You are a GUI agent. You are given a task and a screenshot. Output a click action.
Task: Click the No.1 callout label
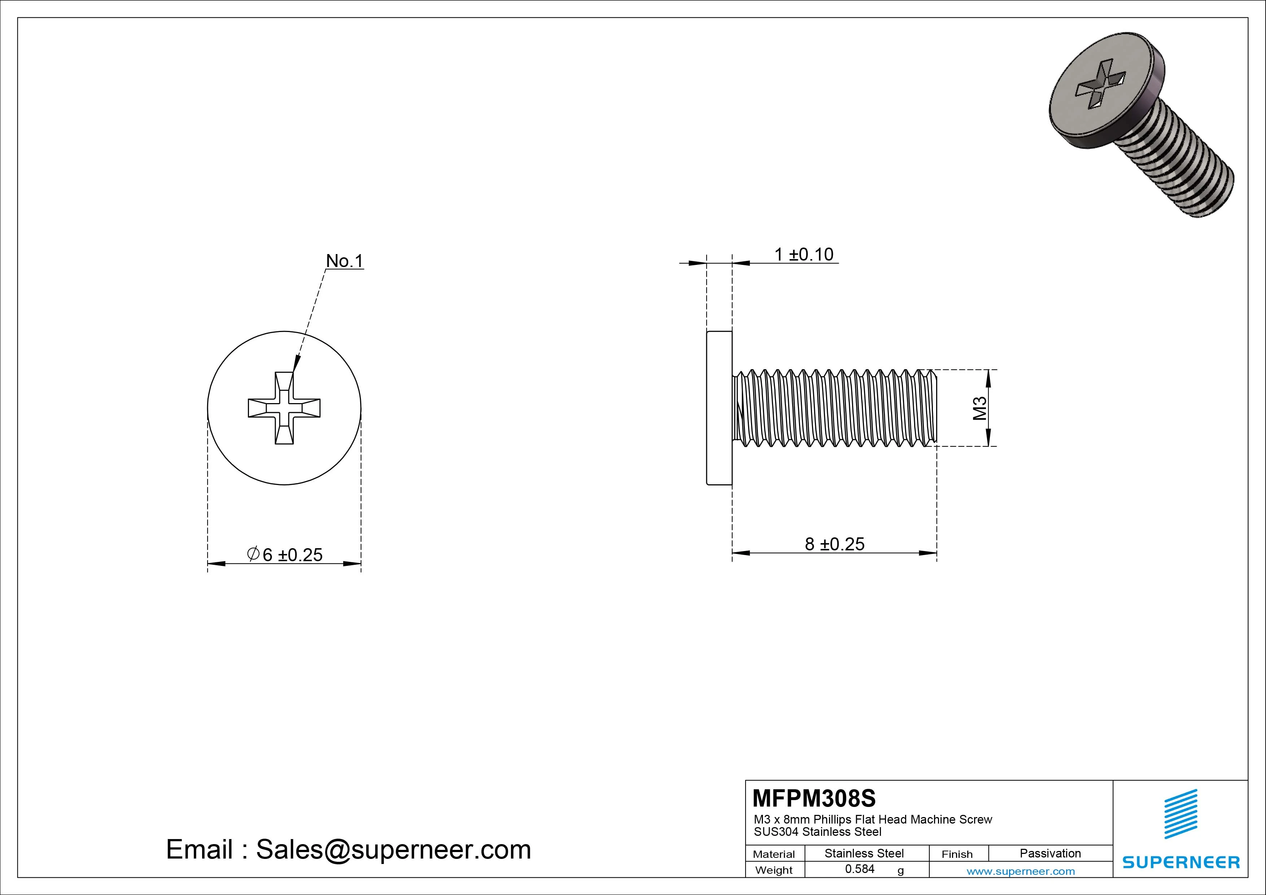[x=345, y=261]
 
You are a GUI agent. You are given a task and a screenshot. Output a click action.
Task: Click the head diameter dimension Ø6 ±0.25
[x=285, y=555]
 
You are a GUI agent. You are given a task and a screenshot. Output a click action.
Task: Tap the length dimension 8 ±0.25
[x=834, y=544]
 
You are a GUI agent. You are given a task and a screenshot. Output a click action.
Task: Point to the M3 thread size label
[x=980, y=408]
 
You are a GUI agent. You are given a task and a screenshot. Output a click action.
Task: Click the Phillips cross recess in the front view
[x=284, y=408]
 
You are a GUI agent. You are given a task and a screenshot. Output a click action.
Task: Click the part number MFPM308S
[x=814, y=798]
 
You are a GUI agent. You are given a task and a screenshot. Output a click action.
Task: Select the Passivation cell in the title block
[x=1050, y=853]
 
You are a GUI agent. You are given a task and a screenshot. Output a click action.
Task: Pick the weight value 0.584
[x=860, y=869]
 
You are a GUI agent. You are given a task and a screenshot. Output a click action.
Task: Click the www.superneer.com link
[x=1021, y=871]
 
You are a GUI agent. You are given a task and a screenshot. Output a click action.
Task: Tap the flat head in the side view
[x=719, y=408]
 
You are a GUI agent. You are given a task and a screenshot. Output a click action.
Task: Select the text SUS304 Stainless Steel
[x=818, y=831]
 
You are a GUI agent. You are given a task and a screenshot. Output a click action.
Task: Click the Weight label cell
[x=774, y=870]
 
